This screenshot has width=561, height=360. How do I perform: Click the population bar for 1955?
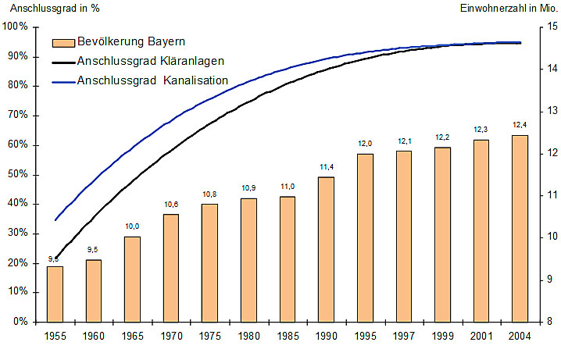(55, 294)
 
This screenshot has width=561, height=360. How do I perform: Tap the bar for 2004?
(519, 228)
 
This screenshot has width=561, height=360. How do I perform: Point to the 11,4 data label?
(326, 166)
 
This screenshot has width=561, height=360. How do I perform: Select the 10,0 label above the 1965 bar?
(132, 226)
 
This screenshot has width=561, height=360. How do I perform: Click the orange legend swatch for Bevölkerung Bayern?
(62, 42)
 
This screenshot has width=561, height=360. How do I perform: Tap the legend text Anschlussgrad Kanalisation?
(152, 80)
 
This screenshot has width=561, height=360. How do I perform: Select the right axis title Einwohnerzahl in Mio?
(508, 9)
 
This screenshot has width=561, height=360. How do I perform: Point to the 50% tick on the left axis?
(16, 174)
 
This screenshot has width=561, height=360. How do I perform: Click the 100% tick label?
(15, 27)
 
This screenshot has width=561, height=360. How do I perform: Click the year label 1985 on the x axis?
(287, 336)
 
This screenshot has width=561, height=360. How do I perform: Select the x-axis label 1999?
(441, 336)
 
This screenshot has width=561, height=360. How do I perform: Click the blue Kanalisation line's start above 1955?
(55, 220)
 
